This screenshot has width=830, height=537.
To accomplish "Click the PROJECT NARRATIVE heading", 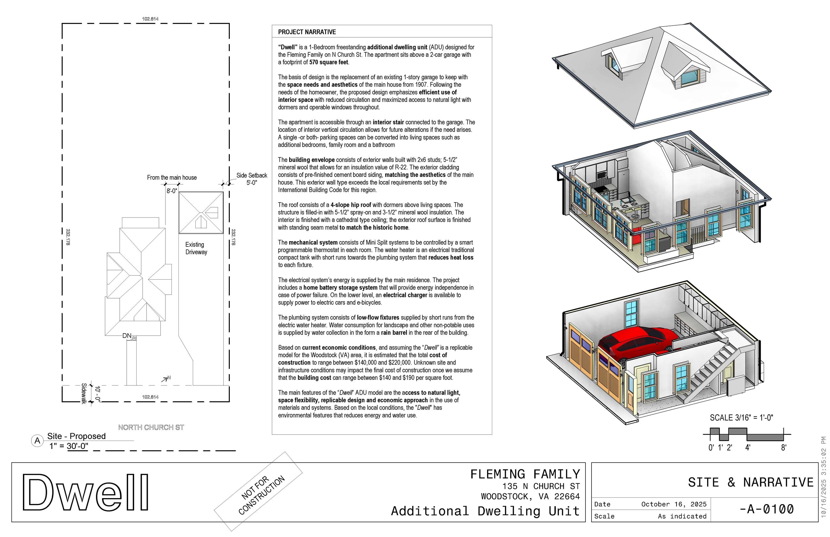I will (306, 32).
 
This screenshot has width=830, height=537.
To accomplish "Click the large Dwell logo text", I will (86, 492).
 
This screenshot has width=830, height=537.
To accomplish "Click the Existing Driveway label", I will (196, 248).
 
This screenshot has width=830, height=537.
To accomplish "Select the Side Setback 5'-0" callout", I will (251, 179).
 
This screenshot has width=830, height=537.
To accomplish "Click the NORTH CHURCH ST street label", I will (151, 427).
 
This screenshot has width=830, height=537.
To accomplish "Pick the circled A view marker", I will (37, 441).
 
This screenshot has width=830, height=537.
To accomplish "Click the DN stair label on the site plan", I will (126, 336).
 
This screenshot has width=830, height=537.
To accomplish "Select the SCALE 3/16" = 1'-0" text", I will (741, 418).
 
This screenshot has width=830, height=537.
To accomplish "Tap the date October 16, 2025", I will (674, 504).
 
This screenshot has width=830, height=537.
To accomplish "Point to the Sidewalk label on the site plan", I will (84, 394).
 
